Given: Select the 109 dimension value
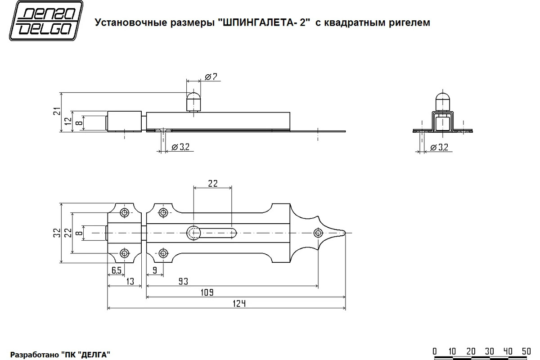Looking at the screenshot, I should pyautogui.click(x=206, y=292).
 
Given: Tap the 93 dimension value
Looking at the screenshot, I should pyautogui.click(x=183, y=281).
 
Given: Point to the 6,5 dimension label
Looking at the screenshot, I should pyautogui.click(x=116, y=270).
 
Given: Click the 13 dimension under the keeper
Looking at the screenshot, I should pyautogui.click(x=130, y=281).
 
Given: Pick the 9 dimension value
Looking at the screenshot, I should pyautogui.click(x=155, y=270).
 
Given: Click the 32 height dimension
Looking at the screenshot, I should pyautogui.click(x=56, y=233).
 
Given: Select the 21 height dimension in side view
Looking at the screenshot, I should pyautogui.click(x=55, y=112).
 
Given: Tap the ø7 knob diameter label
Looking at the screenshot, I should pyautogui.click(x=211, y=77).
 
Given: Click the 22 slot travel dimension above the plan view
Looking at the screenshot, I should pyautogui.click(x=212, y=183).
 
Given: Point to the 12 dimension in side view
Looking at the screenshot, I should pyautogui.click(x=67, y=121).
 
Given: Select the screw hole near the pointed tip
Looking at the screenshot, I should pyautogui.click(x=318, y=233).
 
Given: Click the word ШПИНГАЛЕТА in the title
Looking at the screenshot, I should pyautogui.click(x=258, y=22).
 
